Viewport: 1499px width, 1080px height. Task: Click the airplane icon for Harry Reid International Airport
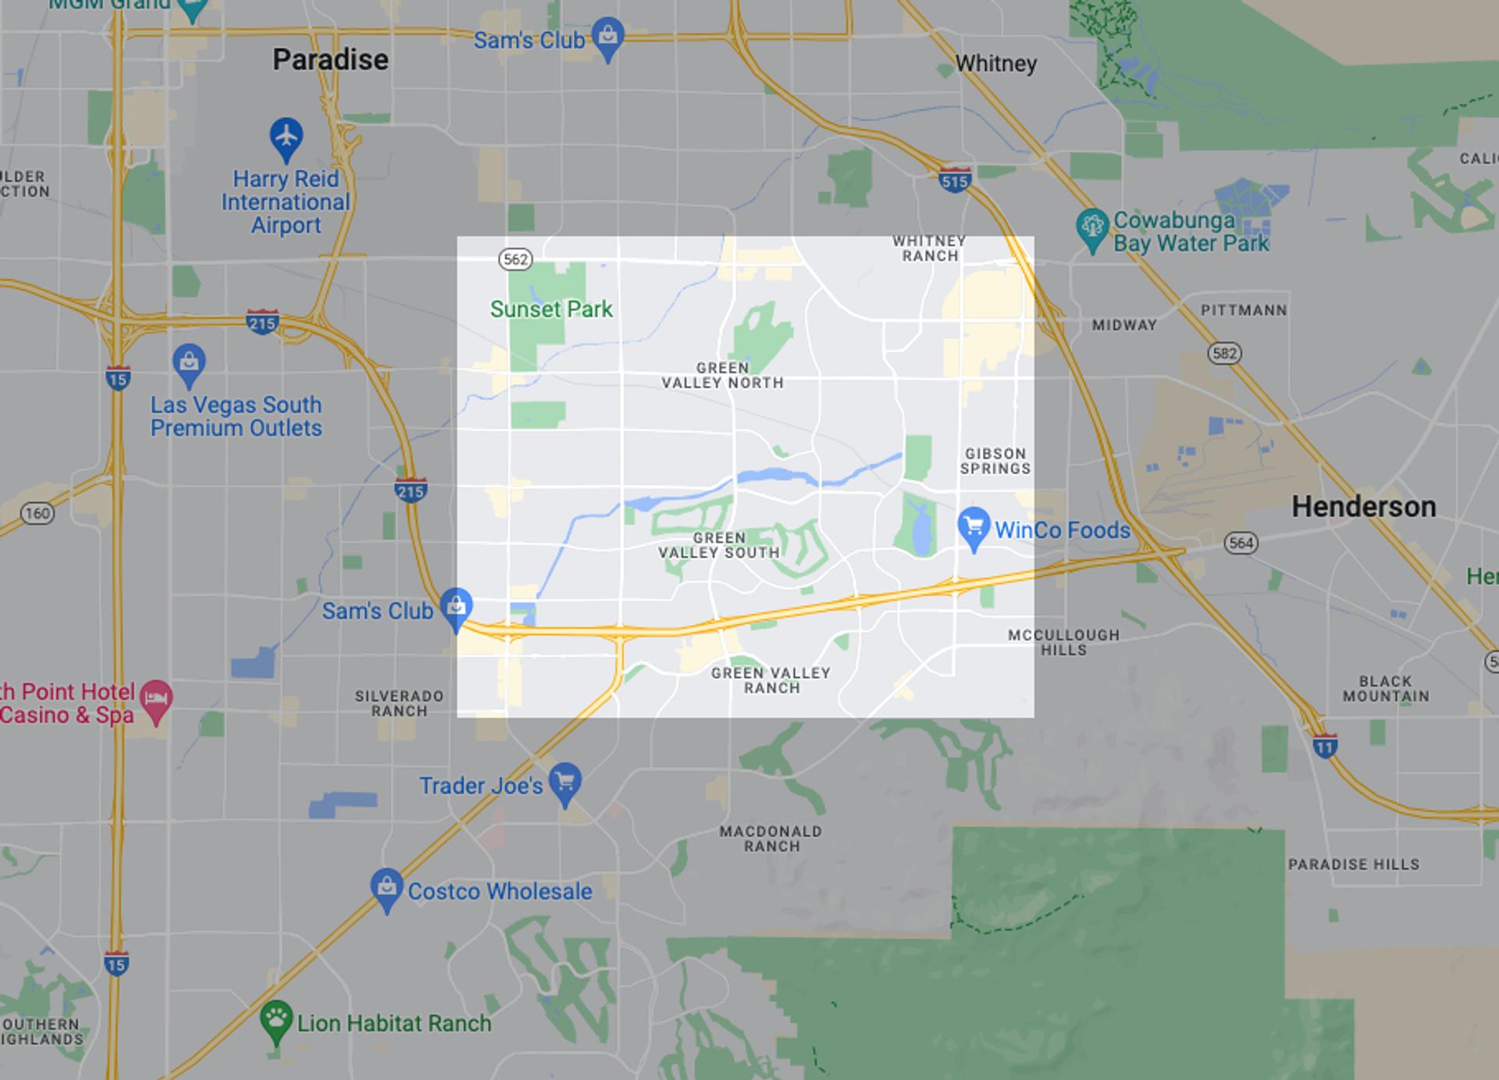[x=287, y=136]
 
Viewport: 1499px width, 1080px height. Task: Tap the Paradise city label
[x=330, y=60]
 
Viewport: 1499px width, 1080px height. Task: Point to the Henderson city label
[x=1363, y=507]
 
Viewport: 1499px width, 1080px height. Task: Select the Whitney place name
[x=995, y=63]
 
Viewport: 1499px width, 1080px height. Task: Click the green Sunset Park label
[x=551, y=309]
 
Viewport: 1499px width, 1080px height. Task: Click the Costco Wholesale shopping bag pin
[x=386, y=888]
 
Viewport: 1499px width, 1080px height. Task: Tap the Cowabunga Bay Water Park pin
[x=1091, y=227]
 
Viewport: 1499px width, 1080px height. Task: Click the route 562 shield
[x=515, y=259]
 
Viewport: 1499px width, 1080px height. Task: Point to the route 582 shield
[x=1224, y=354]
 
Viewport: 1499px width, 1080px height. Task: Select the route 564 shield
[x=1241, y=543]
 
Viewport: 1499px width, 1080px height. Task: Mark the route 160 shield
[x=37, y=513]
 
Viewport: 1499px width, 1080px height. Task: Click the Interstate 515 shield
[x=954, y=180]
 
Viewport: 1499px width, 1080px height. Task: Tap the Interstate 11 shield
[x=1325, y=746]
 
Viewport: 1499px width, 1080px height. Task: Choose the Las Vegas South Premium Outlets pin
[x=189, y=363]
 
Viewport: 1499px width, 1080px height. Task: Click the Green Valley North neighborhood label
[x=722, y=376]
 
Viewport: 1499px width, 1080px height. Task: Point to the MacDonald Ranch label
[x=771, y=839]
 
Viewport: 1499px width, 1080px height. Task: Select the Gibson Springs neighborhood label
[x=995, y=461]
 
